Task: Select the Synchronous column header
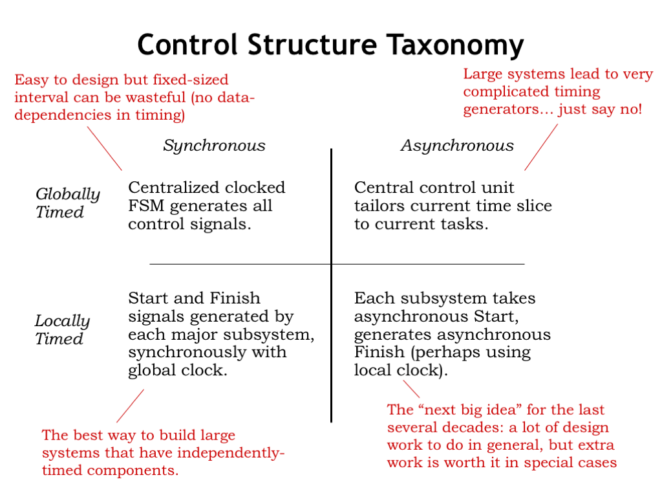(x=214, y=146)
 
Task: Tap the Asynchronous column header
(x=457, y=146)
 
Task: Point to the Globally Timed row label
(x=67, y=203)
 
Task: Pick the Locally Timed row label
(x=62, y=330)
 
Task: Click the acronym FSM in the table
(x=145, y=206)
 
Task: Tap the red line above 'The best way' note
(x=130, y=406)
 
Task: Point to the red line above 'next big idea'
(x=411, y=389)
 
